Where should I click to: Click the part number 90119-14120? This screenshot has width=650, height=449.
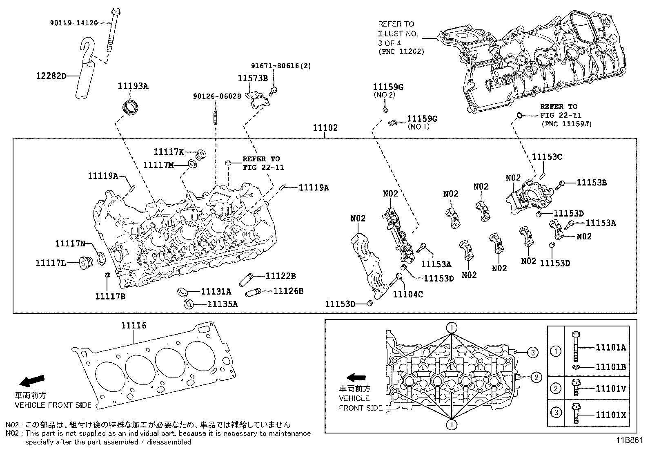(74, 23)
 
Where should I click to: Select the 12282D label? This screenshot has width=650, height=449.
(51, 76)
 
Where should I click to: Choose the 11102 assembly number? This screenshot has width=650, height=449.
(325, 128)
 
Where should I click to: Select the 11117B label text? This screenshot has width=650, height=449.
(110, 296)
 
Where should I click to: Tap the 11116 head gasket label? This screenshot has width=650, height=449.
(134, 326)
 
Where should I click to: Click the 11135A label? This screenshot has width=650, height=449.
(223, 304)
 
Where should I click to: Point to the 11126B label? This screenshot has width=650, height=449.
(288, 291)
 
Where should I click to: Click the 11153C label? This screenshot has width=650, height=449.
(547, 157)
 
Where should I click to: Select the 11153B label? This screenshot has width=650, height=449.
(592, 183)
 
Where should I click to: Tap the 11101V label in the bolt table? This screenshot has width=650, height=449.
(610, 388)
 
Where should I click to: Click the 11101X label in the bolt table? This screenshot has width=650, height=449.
(610, 415)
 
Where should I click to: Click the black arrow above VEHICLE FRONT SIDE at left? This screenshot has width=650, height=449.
(31, 381)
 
